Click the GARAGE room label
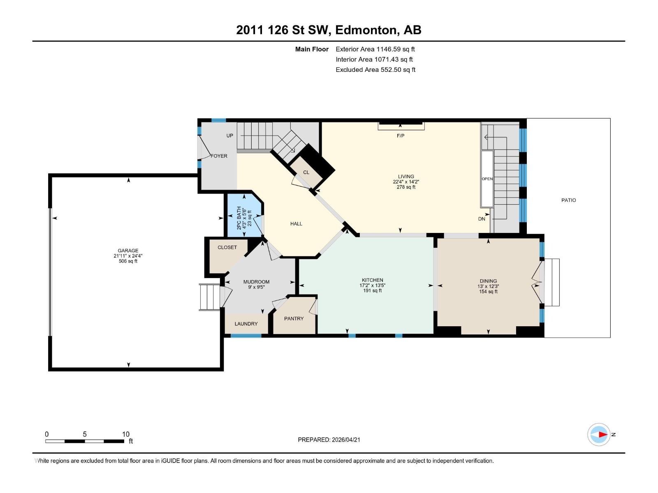(x=128, y=251)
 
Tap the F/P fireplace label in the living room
(x=401, y=136)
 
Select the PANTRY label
(x=294, y=319)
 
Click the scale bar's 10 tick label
(x=126, y=434)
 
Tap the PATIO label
(x=569, y=200)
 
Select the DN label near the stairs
(x=482, y=219)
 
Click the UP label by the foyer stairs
(x=229, y=136)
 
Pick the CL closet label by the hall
(x=306, y=173)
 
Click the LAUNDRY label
(x=246, y=324)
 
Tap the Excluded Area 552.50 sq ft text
(x=375, y=70)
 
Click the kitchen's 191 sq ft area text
(x=372, y=290)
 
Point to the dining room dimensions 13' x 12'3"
(x=488, y=286)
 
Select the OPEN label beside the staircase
(x=487, y=179)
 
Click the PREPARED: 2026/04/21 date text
(x=329, y=440)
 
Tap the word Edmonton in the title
(x=366, y=30)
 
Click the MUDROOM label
(x=256, y=282)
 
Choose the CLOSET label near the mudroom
(x=227, y=247)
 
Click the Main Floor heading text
(x=312, y=49)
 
